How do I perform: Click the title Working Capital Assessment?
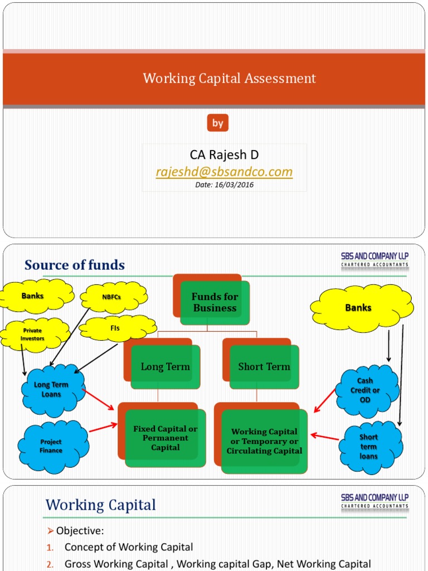(x=229, y=79)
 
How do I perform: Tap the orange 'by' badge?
(x=217, y=123)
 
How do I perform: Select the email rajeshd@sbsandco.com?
(x=224, y=172)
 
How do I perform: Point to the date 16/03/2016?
(x=224, y=185)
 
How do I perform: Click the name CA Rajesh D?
(x=224, y=154)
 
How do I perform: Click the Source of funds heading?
(x=75, y=265)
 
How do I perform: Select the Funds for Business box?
(x=215, y=303)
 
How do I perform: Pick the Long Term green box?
(x=165, y=367)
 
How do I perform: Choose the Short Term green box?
(x=264, y=367)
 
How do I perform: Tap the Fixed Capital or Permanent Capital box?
(x=165, y=438)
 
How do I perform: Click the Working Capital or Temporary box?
(x=264, y=441)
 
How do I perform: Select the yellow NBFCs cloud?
(x=114, y=297)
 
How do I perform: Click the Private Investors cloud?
(x=32, y=335)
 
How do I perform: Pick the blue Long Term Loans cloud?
(x=52, y=390)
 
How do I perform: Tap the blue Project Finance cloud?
(x=51, y=446)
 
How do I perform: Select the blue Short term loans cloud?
(x=368, y=447)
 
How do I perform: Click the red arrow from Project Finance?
(x=103, y=428)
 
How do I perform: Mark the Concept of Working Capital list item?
(x=129, y=547)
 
